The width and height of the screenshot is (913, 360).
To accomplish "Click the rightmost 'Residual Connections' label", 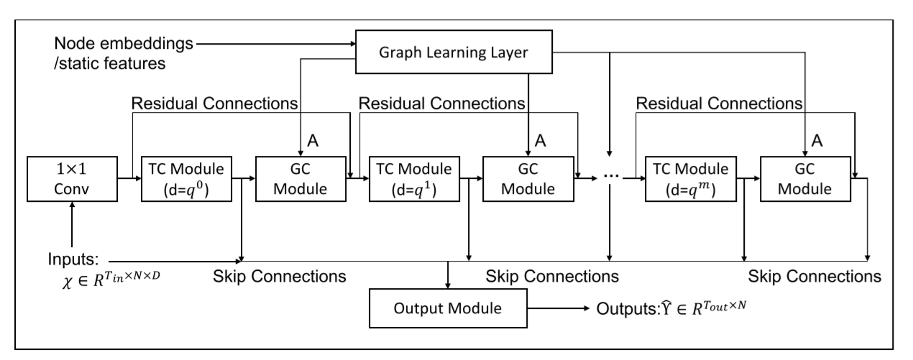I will [719, 103].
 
